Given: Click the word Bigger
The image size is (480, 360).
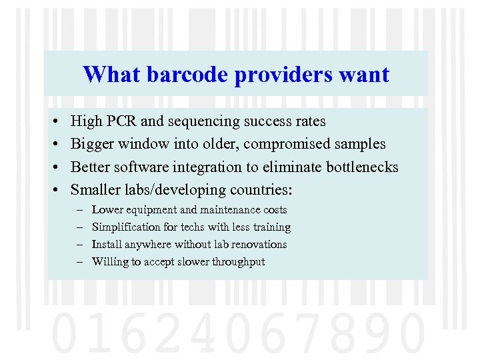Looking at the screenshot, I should tap(92, 144).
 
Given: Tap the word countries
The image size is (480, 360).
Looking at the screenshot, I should tap(262, 190).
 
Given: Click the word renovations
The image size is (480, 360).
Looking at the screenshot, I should tap(258, 245).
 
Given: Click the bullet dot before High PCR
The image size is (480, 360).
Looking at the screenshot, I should tap(53, 122).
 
